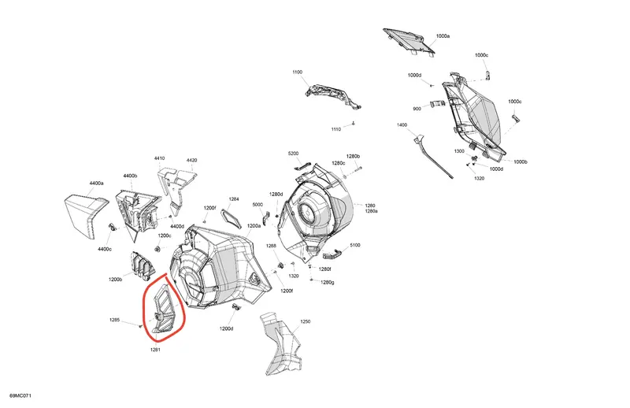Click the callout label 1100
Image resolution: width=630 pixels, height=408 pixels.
coord(298,72)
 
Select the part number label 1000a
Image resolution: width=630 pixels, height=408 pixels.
coord(443,36)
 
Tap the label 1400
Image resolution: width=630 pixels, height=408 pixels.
coord(402,125)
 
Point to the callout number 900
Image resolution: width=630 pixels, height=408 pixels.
coord(417,109)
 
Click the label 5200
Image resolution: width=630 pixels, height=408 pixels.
coord(293,154)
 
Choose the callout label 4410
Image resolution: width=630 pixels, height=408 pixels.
coord(160,158)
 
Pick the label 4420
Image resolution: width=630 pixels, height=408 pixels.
coord(191,161)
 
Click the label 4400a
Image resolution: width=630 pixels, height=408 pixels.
coord(96,184)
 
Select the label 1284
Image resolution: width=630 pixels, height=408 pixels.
coord(234,199)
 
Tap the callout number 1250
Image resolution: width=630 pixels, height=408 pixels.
coord(306,322)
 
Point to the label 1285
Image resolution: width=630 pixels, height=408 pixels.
coord(114,321)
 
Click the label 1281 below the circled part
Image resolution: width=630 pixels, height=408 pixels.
coord(155,350)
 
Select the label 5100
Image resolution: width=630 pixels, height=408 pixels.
coord(355,245)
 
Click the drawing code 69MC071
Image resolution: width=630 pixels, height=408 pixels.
coord(20,396)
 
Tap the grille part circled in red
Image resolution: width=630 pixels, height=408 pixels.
coord(163,309)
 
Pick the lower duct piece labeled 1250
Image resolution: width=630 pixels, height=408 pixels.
coord(280,343)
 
